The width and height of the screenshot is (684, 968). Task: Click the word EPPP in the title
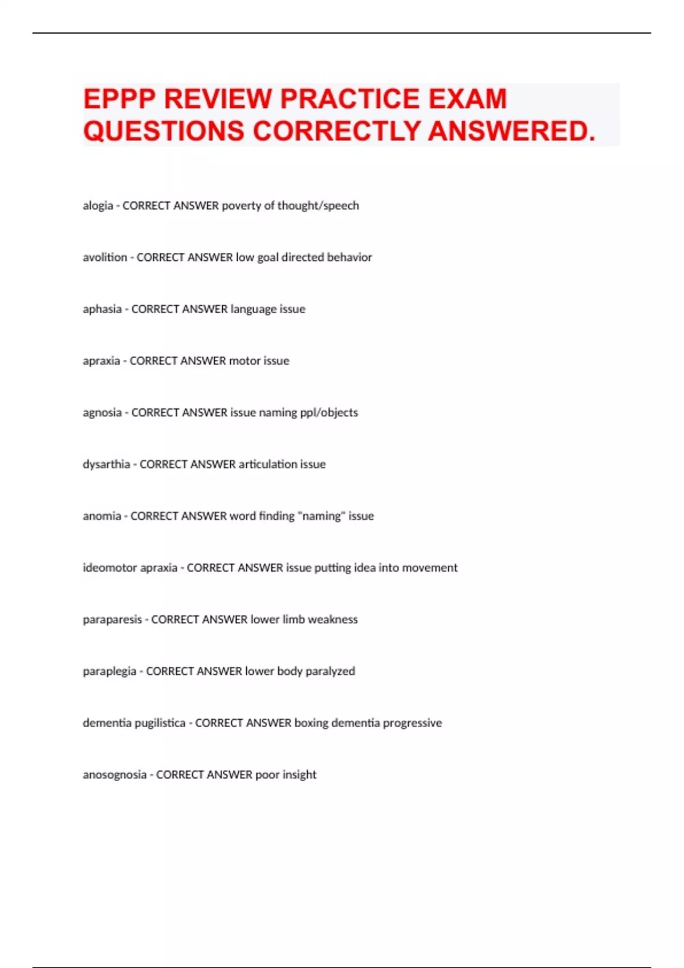(x=119, y=99)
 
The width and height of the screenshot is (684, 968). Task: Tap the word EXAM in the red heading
(x=467, y=99)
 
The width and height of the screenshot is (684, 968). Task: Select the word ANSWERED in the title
(x=511, y=131)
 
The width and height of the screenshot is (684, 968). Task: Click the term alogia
(x=97, y=206)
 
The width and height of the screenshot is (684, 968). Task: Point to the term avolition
(x=105, y=257)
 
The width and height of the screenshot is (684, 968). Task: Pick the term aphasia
(x=102, y=309)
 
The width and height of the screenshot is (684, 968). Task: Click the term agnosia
(x=102, y=412)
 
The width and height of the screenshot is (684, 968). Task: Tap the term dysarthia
(x=106, y=464)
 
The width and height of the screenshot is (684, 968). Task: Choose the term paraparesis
(x=112, y=620)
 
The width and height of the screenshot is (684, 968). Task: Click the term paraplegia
(x=109, y=671)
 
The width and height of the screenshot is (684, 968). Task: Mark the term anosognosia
(x=115, y=774)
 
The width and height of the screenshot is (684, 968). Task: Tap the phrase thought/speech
(x=318, y=206)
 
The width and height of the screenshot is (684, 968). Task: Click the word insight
(x=300, y=774)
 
